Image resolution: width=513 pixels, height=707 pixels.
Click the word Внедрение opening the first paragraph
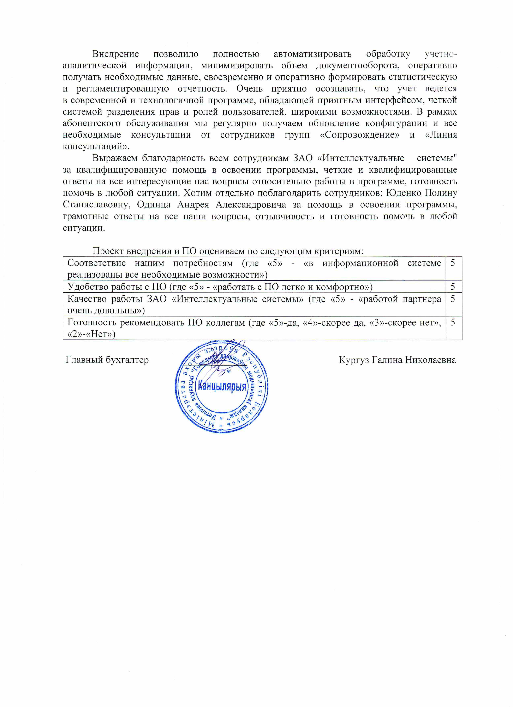tap(115, 54)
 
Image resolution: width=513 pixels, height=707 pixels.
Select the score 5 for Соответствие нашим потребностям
tap(453, 263)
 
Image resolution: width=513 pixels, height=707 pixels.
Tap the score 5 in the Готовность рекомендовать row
tap(453, 322)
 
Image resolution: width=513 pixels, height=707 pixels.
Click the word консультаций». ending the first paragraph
tap(96, 146)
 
